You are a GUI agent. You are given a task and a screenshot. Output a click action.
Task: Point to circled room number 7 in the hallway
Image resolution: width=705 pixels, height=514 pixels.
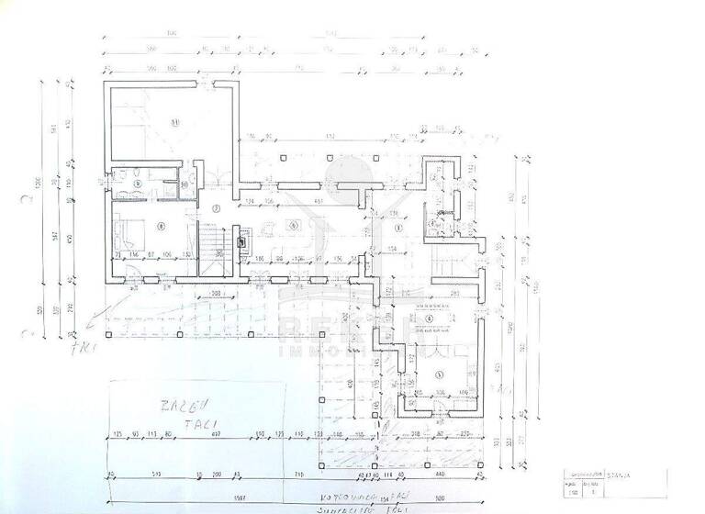(x=217, y=209)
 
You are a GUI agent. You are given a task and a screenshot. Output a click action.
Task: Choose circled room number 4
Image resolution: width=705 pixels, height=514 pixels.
(x=431, y=318)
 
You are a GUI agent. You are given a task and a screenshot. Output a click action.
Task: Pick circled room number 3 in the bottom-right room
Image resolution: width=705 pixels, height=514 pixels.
(x=439, y=373)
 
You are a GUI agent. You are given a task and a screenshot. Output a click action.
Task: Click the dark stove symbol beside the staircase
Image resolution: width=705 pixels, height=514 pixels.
(x=241, y=243)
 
